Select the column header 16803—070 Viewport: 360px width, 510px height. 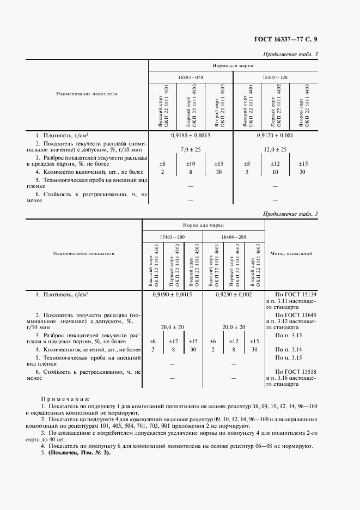[x=191, y=78]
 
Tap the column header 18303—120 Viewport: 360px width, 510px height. [x=275, y=78]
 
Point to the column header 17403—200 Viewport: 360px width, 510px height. [x=173, y=237]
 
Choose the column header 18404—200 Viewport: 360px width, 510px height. [x=234, y=237]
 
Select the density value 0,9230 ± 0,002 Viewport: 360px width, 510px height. [x=234, y=294]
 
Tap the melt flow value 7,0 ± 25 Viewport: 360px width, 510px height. [x=191, y=149]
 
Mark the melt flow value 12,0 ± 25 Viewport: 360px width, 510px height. [x=275, y=149]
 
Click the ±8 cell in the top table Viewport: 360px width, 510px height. [x=247, y=163]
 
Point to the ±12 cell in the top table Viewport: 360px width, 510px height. [x=275, y=163]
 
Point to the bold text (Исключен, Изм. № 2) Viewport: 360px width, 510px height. [x=78, y=453]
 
